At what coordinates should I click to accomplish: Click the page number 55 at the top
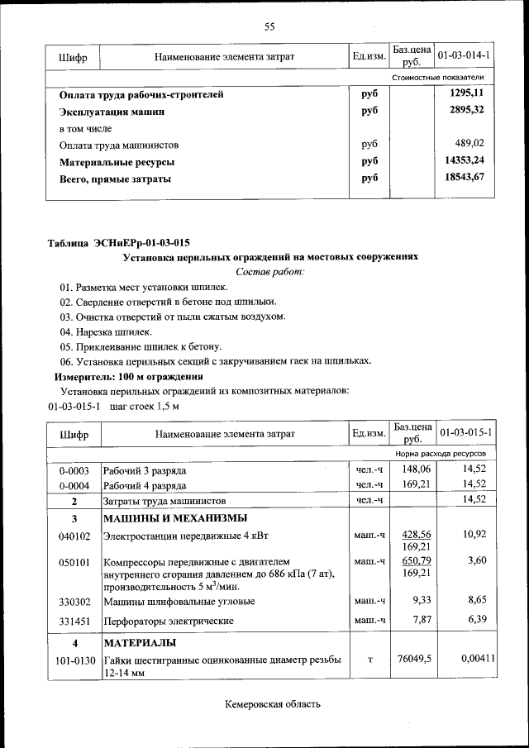tap(269, 26)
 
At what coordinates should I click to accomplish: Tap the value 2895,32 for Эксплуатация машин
tap(467, 110)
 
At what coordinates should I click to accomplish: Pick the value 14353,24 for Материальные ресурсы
tap(465, 160)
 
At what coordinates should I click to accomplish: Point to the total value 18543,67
tap(465, 177)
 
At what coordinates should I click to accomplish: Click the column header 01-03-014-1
tap(464, 55)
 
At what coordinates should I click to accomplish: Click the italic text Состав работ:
tap(269, 271)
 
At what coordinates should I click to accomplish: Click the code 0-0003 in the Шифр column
tap(74, 469)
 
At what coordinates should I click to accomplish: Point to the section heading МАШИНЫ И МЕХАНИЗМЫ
tap(174, 518)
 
